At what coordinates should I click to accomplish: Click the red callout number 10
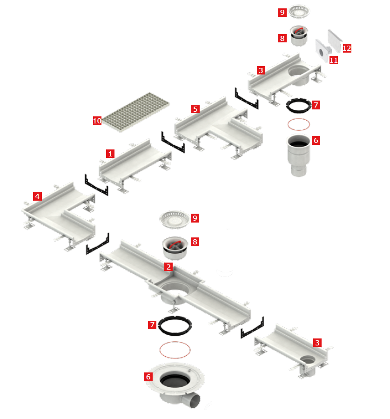[x=97, y=121]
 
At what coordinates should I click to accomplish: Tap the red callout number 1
[x=110, y=154]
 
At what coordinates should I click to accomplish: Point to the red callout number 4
[x=37, y=196]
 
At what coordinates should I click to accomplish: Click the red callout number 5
[x=195, y=109]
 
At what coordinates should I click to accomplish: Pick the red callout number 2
[x=168, y=267]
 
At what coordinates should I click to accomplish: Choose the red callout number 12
[x=347, y=48]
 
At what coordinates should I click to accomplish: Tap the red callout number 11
[x=333, y=60]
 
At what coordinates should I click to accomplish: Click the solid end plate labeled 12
[x=335, y=41]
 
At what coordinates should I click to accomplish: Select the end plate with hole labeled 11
[x=323, y=50]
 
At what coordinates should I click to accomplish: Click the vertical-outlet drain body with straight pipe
[x=299, y=155]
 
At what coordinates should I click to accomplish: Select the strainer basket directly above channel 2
[x=175, y=219]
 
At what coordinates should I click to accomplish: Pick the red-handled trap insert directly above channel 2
[x=175, y=248]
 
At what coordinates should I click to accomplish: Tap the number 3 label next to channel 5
[x=261, y=70]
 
